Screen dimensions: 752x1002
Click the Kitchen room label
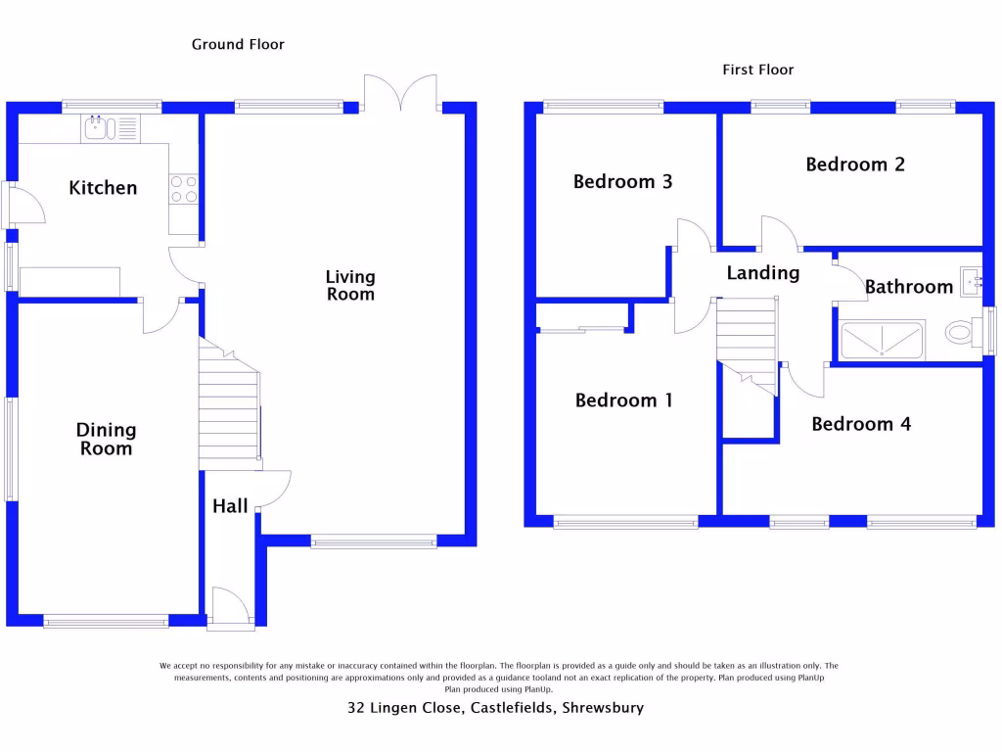point(103,188)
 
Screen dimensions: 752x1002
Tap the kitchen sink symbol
point(99,128)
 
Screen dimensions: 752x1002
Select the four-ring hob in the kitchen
point(183,189)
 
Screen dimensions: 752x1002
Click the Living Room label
point(350,286)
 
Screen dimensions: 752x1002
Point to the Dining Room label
point(107,439)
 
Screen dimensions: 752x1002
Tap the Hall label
point(230,506)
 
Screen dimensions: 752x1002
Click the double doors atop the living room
point(401,94)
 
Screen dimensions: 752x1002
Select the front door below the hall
point(230,603)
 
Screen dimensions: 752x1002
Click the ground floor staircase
point(230,401)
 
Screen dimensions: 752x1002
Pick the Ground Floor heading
point(238,44)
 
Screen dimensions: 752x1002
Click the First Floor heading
point(758,70)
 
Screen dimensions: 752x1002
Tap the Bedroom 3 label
point(622,181)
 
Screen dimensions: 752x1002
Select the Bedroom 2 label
point(855,164)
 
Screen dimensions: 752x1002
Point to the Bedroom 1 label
point(623,400)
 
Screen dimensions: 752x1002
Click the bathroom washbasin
point(971,282)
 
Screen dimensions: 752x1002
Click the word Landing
point(762,273)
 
